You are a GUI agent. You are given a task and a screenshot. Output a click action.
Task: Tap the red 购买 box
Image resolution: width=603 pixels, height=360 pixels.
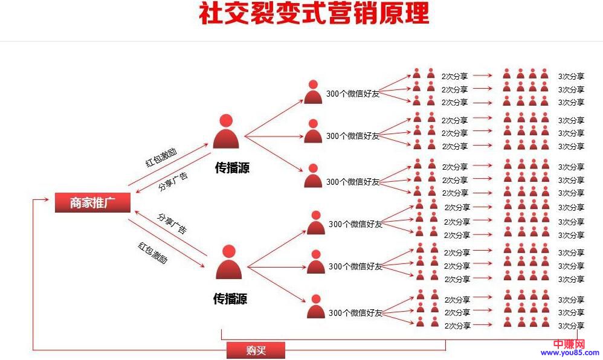point(256,350)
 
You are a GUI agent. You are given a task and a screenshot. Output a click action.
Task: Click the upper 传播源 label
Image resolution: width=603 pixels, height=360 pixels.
point(232,168)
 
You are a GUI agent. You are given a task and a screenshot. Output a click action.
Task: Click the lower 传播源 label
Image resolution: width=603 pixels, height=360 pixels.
point(230,298)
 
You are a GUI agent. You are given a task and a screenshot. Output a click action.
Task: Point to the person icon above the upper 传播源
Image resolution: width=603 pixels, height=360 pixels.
point(226,131)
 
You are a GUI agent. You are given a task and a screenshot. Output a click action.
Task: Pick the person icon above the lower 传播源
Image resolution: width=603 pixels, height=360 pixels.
point(228,262)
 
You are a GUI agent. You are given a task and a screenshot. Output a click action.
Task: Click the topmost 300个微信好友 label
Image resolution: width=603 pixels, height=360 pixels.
point(353,94)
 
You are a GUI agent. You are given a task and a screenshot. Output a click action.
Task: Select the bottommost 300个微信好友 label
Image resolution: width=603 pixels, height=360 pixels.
point(355,313)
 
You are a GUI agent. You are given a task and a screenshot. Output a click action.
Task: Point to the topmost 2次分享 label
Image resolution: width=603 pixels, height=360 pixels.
point(454,76)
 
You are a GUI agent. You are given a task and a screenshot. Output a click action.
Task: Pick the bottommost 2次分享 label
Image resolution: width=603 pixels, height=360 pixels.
point(457,326)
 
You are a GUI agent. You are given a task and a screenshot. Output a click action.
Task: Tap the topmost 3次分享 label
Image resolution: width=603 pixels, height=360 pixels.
point(571,76)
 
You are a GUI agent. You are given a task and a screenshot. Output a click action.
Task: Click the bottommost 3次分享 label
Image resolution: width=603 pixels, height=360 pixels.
point(571,326)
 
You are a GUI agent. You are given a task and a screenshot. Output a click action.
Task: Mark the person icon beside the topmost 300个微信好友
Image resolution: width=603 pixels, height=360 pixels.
point(313,92)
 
